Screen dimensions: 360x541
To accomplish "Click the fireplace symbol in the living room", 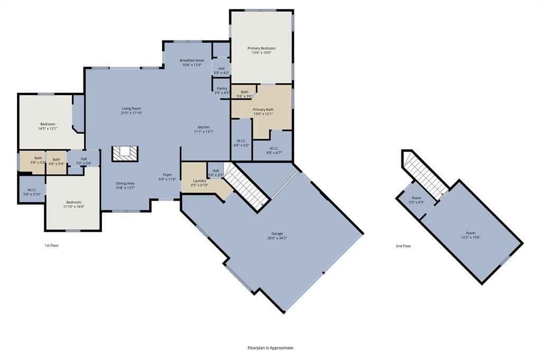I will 125,154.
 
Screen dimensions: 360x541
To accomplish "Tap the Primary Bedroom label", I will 262,50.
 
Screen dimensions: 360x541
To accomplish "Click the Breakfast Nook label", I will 192,62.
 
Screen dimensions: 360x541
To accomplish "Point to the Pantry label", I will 222,91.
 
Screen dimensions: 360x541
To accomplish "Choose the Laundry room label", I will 199,183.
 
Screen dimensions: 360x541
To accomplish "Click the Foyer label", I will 167,177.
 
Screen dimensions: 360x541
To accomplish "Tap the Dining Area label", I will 125,185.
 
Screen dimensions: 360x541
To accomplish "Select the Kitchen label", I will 204,129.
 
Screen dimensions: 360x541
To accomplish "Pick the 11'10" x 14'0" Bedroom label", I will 73,204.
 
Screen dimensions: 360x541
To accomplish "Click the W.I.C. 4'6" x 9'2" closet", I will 241,143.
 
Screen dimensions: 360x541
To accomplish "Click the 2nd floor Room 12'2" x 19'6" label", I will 470,235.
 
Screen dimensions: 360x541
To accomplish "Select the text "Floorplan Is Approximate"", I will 270,348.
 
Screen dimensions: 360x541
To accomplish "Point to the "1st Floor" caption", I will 52,245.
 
